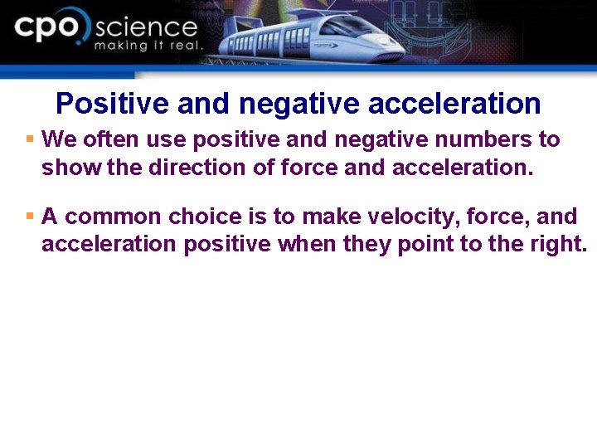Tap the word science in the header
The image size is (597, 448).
146,27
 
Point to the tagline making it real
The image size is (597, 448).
148,46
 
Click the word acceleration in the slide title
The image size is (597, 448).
454,104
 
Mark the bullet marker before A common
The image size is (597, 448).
30,217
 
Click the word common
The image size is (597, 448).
114,217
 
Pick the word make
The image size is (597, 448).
331,217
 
